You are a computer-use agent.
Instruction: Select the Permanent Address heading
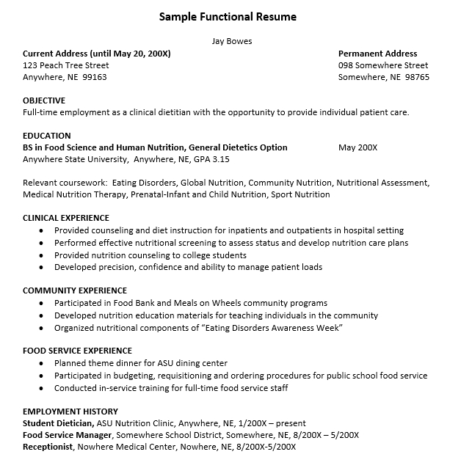tap(377, 54)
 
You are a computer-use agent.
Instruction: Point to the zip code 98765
tap(417, 77)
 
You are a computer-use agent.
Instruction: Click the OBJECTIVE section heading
tap(44, 100)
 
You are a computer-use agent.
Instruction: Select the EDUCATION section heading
tap(47, 136)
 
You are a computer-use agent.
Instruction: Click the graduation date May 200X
tap(357, 147)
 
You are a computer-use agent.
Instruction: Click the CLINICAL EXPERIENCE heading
tap(66, 218)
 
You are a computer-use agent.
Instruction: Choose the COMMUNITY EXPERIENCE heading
tap(75, 290)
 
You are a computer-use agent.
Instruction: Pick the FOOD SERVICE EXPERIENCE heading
tap(78, 351)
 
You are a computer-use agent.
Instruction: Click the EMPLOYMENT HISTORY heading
tap(70, 412)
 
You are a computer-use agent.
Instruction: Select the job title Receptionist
tap(48, 447)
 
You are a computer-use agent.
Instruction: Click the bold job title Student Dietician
tap(58, 423)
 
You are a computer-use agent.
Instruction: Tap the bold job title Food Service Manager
tap(68, 435)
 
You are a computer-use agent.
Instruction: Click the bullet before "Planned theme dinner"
tap(41, 364)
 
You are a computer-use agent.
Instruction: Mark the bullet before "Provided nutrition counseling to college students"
tap(41, 255)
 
